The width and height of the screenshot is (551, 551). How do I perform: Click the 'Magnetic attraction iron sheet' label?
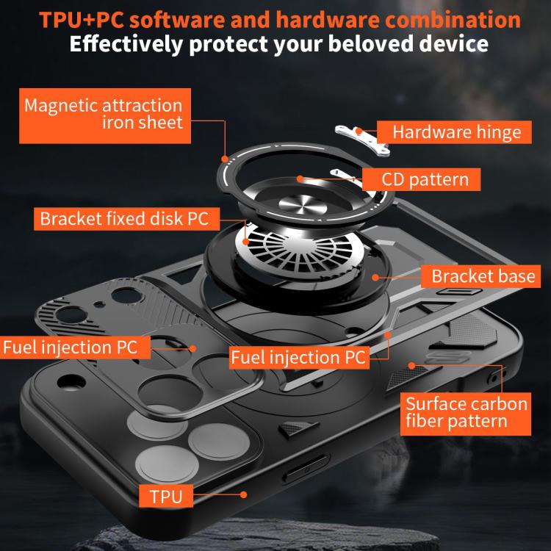(x=104, y=114)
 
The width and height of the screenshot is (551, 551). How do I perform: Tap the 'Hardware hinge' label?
(x=456, y=132)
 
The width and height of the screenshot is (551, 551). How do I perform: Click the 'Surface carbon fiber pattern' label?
(x=467, y=412)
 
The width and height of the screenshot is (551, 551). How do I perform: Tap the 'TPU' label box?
(x=165, y=496)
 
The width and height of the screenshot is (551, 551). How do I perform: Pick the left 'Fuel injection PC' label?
(x=70, y=347)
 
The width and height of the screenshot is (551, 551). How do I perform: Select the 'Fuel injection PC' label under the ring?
(x=298, y=358)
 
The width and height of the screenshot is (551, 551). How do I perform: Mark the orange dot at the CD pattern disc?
(x=300, y=178)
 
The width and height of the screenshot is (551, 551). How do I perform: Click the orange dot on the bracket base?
(x=375, y=277)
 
